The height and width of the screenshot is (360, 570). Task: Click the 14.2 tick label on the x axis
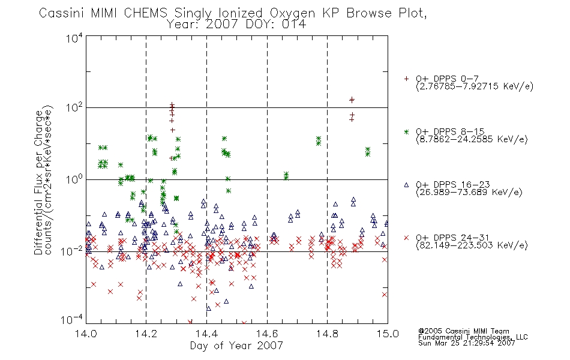click(x=146, y=334)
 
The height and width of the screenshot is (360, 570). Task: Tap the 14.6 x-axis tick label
click(x=267, y=334)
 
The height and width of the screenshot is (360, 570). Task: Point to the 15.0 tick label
click(x=388, y=334)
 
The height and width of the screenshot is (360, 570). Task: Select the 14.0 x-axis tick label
click(x=86, y=334)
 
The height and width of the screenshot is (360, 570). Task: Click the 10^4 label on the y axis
click(x=74, y=38)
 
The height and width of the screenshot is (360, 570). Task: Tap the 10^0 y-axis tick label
click(x=74, y=179)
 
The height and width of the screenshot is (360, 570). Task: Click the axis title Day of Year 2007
click(x=236, y=346)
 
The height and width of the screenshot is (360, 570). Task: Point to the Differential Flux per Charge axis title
click(x=38, y=182)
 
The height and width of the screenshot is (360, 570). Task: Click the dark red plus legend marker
click(x=406, y=79)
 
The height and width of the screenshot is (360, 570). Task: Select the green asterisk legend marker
click(x=406, y=131)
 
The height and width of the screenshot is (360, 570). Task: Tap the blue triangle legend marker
click(x=406, y=185)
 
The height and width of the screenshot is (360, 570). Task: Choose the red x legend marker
click(x=406, y=238)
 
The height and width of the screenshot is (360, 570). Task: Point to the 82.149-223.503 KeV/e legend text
click(x=472, y=245)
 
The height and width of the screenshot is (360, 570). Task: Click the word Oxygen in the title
click(x=292, y=13)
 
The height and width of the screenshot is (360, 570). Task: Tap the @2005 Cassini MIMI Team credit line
click(x=463, y=331)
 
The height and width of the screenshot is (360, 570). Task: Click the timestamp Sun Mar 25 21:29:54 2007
click(x=466, y=343)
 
